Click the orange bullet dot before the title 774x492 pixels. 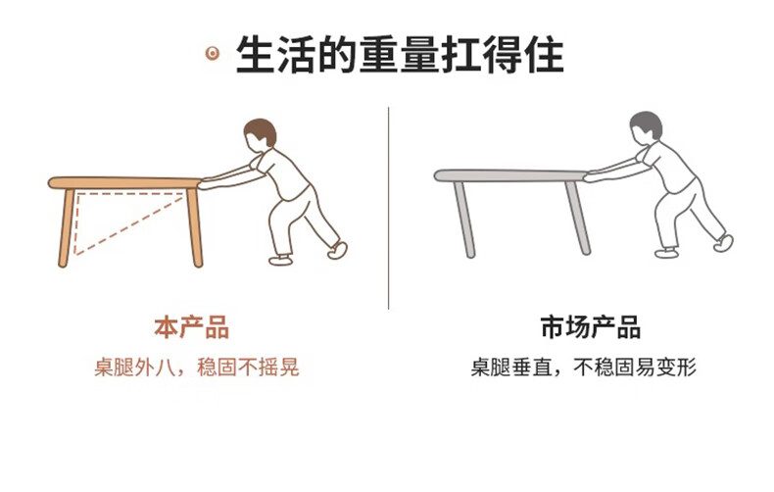[213, 53]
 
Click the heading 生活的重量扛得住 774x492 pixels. [400, 54]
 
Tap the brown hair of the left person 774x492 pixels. [262, 131]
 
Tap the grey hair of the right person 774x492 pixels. [647, 124]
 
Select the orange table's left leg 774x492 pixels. [67, 227]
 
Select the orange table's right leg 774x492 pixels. [195, 227]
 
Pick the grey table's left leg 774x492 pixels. [464, 220]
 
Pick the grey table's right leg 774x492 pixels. [578, 218]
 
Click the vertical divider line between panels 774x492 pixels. [389, 208]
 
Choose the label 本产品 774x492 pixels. [191, 327]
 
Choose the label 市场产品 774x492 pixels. [591, 327]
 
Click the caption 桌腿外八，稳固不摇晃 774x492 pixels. [197, 368]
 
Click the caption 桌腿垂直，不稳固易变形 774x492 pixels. [584, 368]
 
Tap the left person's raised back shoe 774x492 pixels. [338, 250]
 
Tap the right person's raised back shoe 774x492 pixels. [724, 242]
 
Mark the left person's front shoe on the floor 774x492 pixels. [281, 260]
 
